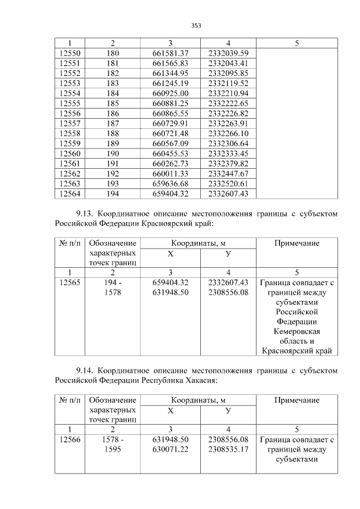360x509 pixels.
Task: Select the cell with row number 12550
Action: pos(70,53)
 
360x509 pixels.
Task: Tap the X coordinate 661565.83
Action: pos(170,63)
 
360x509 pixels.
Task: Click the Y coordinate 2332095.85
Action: pos(228,73)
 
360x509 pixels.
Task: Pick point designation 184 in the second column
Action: pos(112,93)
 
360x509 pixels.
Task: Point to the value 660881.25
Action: pos(170,103)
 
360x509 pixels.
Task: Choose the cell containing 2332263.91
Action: pos(228,124)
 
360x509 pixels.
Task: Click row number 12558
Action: pos(70,133)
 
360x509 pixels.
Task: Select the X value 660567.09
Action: pos(170,143)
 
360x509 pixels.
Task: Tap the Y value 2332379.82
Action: pos(228,164)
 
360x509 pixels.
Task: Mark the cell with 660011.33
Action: pos(170,174)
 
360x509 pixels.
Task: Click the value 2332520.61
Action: pos(228,184)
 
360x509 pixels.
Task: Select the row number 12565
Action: pos(70,283)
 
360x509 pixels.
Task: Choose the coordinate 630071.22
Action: pos(170,449)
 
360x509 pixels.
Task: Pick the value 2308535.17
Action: pos(228,449)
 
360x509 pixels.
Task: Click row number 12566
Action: pos(70,440)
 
